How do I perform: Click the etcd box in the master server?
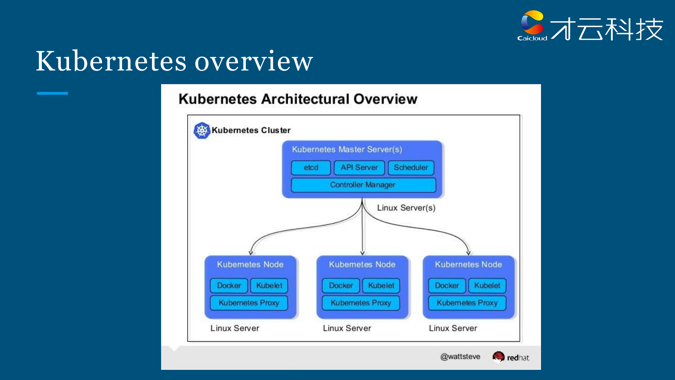coord(311,168)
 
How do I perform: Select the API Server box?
coord(359,168)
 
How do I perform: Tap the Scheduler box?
coord(411,168)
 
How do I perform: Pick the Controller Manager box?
coord(363,185)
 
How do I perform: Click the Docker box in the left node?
coord(229,286)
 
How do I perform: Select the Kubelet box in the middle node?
coord(381,286)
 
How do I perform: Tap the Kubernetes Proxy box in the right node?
coord(467,303)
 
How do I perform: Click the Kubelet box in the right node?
coord(487,286)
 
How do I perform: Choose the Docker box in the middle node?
coord(341,286)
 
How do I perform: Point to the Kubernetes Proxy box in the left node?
coord(249,303)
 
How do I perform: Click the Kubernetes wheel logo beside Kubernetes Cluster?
coord(202,131)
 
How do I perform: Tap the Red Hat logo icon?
coord(498,357)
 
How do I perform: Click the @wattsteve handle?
coord(460,357)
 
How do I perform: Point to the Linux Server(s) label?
coord(406,208)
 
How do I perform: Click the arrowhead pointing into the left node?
coord(251,253)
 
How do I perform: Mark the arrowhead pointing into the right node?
coord(468,253)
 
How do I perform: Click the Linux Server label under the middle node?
coord(347,328)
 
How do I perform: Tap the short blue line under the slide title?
coord(52,93)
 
